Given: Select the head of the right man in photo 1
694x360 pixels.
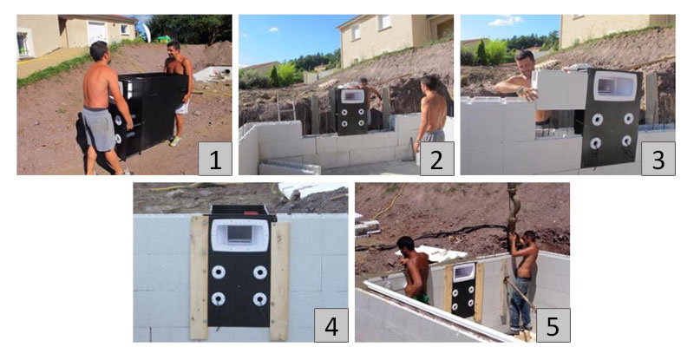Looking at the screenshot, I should click(x=173, y=49).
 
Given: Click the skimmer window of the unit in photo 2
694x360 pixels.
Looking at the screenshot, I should click(x=351, y=98).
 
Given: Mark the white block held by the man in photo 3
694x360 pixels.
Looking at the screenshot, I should click(x=559, y=89).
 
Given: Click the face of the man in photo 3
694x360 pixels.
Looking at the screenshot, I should click(x=525, y=63).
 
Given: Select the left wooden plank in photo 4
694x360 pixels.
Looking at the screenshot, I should click(x=200, y=278).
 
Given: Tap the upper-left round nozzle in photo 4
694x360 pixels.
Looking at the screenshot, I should click(x=219, y=272).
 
